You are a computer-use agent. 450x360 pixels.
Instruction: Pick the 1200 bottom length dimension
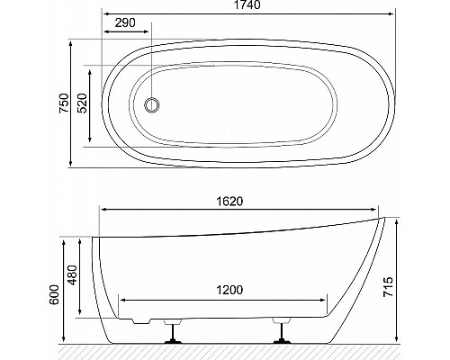[x=223, y=292]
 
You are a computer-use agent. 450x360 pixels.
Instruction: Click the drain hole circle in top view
[x=152, y=104]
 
